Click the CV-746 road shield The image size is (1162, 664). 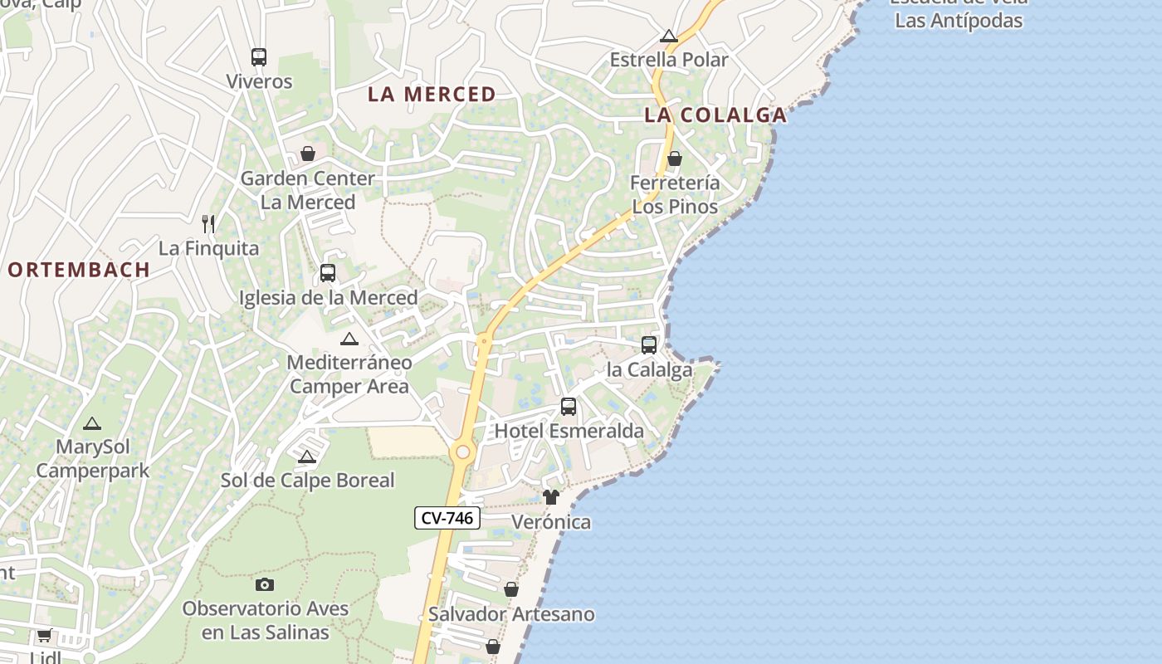pos(447,518)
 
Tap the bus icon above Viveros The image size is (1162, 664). pos(259,57)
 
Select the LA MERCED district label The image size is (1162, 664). pos(432,95)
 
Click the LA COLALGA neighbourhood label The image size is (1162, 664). pos(715,115)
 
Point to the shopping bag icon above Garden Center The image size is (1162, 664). pos(308,154)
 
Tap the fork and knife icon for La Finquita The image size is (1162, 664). pos(208,223)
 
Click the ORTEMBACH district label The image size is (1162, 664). pos(80,270)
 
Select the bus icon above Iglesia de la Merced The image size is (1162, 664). pos(328,273)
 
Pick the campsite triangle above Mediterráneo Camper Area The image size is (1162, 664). pos(349,339)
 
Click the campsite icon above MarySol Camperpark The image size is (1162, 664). pos(92,423)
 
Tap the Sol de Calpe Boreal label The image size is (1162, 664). pos(307,481)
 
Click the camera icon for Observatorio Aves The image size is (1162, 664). pos(265,584)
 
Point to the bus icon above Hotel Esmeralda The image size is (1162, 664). pos(569,407)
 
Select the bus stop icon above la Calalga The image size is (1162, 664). pos(649,344)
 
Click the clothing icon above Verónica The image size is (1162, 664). pos(551,497)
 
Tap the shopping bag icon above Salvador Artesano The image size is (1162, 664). pos(511,589)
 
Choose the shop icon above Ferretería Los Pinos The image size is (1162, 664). pos(675,159)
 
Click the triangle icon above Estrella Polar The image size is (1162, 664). pos(669,36)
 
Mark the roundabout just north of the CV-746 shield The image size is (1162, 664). pos(462,452)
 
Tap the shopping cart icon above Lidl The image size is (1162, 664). pos(44,636)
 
